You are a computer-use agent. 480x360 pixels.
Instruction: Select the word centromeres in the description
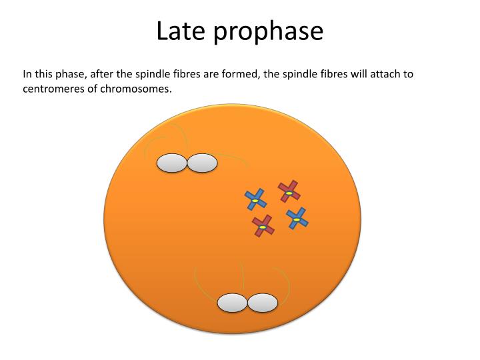point(53,89)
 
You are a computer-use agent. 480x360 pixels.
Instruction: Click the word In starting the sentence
point(27,73)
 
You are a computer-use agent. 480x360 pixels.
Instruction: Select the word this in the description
point(45,73)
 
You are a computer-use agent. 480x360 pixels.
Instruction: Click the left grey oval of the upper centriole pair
point(171,163)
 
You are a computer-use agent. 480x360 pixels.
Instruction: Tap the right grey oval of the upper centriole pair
point(202,163)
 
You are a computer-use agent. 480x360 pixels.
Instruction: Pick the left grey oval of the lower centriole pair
point(232,303)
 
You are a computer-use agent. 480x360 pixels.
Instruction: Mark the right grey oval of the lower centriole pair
point(263,303)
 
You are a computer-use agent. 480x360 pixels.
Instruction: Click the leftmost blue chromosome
point(255,199)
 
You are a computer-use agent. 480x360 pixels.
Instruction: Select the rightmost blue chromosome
point(297,218)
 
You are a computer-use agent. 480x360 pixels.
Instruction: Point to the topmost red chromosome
point(289,191)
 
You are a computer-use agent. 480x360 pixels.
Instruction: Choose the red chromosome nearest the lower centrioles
point(263,226)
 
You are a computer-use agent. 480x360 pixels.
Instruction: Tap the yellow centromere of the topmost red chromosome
point(289,193)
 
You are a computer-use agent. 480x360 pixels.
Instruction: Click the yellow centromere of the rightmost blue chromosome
point(297,219)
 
